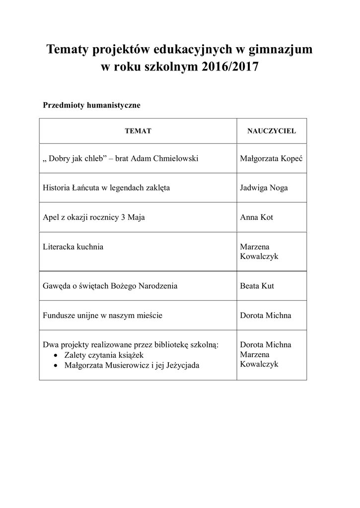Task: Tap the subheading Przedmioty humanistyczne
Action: [x=92, y=105]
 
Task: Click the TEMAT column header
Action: [x=138, y=131]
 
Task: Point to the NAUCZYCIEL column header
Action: [x=272, y=131]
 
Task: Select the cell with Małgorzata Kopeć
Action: [x=271, y=158]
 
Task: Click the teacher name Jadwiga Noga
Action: [x=264, y=188]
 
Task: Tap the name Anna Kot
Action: [x=256, y=217]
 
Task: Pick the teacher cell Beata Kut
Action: [x=257, y=286]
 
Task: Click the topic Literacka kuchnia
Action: [x=73, y=247]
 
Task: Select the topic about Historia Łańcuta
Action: [x=107, y=188]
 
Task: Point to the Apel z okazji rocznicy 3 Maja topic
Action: [x=94, y=217]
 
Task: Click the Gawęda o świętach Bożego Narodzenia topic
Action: [x=110, y=286]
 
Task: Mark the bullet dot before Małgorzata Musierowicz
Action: [x=56, y=366]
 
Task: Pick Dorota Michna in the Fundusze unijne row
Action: [x=265, y=315]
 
